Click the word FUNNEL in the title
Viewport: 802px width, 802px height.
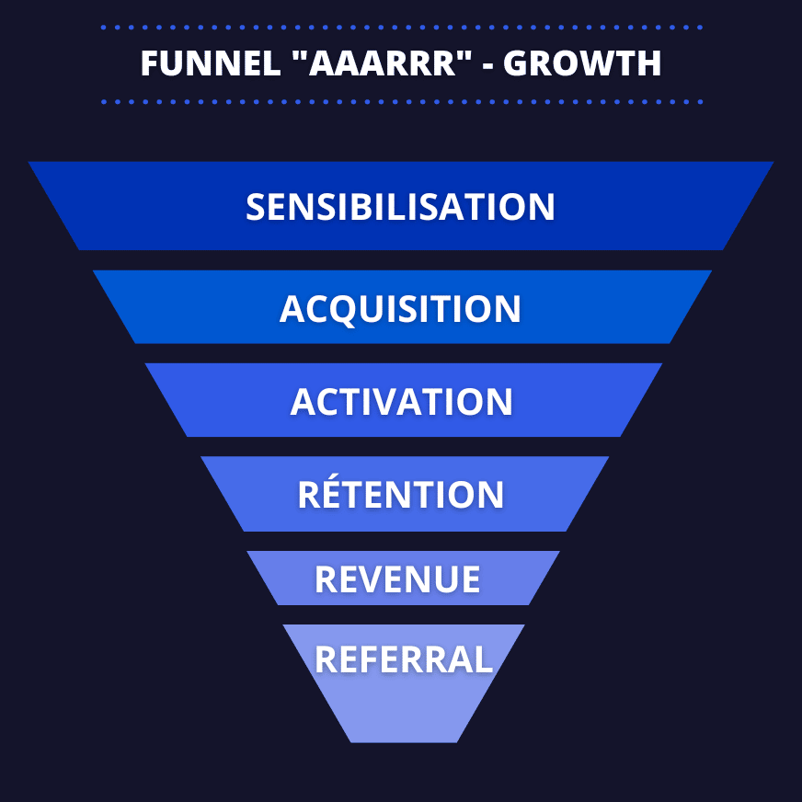point(211,63)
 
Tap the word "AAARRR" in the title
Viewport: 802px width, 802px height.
point(382,63)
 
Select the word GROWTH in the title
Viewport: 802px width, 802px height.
point(582,63)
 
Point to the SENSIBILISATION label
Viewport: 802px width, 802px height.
point(400,207)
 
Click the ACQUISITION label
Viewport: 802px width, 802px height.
point(400,309)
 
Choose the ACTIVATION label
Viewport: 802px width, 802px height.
point(401,402)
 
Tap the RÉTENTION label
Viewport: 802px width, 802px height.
point(400,494)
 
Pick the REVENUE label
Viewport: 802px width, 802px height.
point(397,579)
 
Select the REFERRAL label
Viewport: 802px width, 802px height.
point(404,659)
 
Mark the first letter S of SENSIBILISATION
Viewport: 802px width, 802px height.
point(257,207)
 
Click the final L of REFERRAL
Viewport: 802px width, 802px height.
point(484,659)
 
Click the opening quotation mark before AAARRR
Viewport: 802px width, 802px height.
point(300,55)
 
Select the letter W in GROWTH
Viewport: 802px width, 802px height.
point(594,63)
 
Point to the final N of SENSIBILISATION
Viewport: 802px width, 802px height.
point(542,207)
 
